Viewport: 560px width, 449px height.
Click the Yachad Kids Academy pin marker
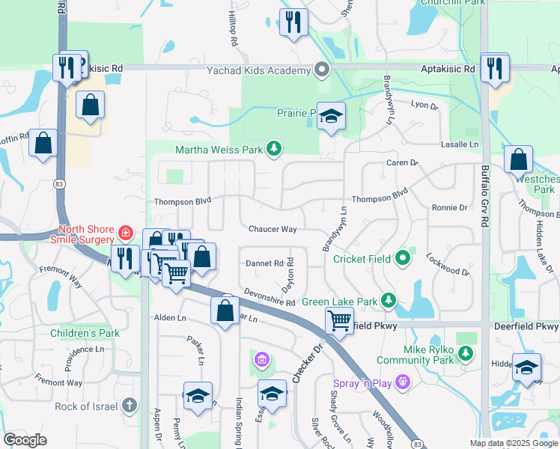tap(323, 70)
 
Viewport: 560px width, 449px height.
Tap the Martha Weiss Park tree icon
tap(275, 149)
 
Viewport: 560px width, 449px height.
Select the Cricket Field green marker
tap(404, 259)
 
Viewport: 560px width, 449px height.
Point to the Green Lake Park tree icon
tap(388, 301)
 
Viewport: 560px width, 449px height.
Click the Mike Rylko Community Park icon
tap(466, 352)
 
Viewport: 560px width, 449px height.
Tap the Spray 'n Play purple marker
tap(403, 382)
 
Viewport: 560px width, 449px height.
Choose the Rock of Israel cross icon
tap(129, 406)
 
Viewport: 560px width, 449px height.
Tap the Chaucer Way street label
tap(273, 229)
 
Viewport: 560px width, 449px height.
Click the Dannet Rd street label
tap(264, 263)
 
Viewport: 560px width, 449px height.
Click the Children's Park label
tap(85, 332)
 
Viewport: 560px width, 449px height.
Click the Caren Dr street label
tap(401, 162)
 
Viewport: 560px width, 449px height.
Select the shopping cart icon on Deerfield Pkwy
tap(339, 320)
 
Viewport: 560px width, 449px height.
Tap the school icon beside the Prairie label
tap(331, 116)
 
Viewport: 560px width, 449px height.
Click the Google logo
tap(25, 440)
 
